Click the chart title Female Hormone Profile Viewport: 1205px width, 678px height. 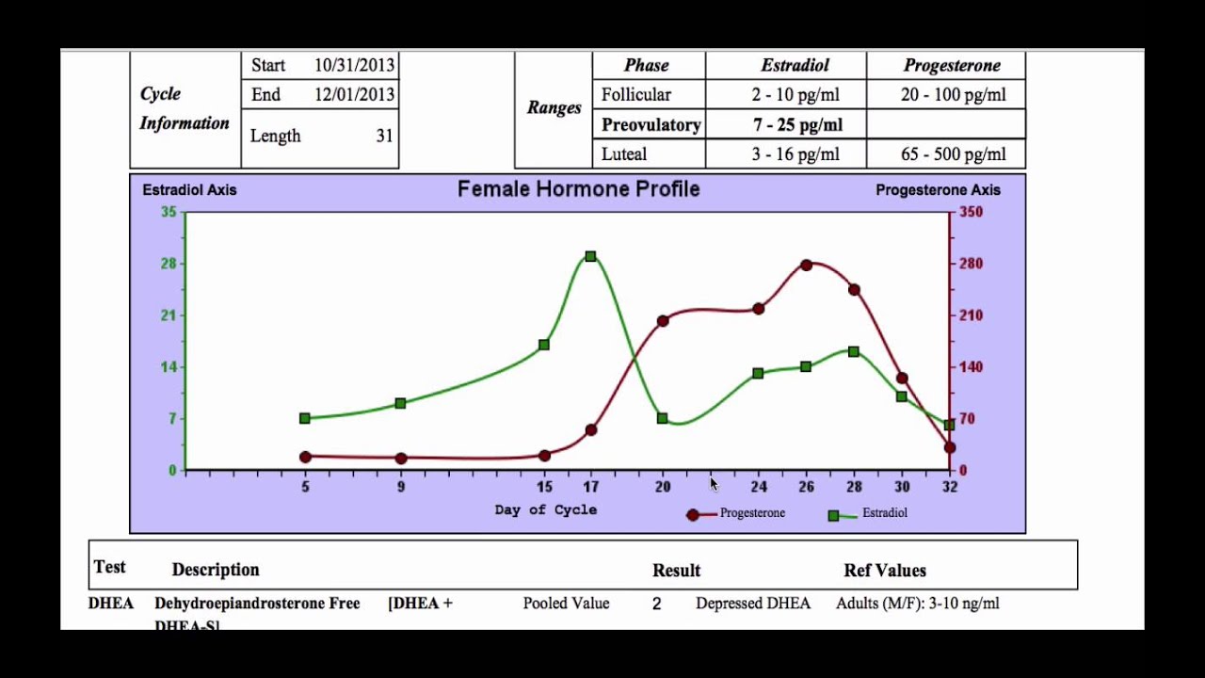point(578,189)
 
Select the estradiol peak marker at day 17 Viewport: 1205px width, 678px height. point(590,256)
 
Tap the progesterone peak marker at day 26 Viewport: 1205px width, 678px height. point(807,266)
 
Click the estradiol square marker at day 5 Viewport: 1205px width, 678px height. point(305,418)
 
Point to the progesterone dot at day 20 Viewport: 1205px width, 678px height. point(663,321)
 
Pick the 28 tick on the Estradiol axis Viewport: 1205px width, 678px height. point(169,264)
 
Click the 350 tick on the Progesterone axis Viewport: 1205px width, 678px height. point(971,212)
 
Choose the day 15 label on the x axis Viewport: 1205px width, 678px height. point(544,487)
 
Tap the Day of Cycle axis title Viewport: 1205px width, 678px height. point(545,509)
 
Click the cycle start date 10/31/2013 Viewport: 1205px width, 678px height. point(354,65)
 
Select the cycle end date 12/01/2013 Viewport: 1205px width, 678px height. point(354,94)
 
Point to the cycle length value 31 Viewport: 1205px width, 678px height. point(384,136)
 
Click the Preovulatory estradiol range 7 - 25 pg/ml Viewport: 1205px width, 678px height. point(796,124)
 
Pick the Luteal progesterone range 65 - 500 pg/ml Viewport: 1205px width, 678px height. point(953,154)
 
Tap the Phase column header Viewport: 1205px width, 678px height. point(646,65)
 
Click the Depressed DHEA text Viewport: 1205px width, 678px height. point(752,604)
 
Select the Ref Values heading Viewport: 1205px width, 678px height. point(884,570)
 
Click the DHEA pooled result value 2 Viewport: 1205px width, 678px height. point(656,604)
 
